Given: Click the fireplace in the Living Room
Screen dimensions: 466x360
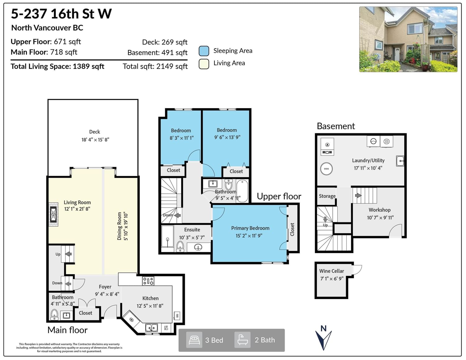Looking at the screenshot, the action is [53, 214].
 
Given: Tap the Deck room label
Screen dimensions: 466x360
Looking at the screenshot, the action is [94, 132].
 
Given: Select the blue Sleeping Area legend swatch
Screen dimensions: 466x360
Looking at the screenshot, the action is [204, 51].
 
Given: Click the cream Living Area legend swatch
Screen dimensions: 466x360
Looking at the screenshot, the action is [204, 64].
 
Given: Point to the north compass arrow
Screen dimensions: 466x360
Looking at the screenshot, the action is [323, 339].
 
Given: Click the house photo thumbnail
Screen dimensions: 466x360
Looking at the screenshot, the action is [408, 39].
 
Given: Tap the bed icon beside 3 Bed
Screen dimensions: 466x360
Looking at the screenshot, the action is [194, 340].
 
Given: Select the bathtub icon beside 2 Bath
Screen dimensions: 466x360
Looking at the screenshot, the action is [242, 340].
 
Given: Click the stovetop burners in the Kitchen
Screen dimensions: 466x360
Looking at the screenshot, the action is [148, 281].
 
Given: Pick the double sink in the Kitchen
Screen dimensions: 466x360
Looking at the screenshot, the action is [152, 328].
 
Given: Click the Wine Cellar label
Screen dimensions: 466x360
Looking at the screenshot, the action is [331, 271].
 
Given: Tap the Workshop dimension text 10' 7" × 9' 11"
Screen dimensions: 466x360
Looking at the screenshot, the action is [380, 218].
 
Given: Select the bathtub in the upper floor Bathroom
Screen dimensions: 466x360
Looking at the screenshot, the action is [242, 191].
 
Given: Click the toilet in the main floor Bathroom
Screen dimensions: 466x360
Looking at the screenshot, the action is [54, 314].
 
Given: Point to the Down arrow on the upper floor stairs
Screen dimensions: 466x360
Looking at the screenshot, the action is [177, 215].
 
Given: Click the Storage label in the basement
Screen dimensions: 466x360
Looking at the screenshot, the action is [327, 196].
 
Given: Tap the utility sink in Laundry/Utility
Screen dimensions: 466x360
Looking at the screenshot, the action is [400, 161].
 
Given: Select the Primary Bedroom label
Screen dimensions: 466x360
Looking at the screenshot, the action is [250, 228].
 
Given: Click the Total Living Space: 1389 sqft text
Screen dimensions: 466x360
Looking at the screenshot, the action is [57, 66].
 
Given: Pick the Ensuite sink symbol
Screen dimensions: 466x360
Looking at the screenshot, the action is [198, 248].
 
